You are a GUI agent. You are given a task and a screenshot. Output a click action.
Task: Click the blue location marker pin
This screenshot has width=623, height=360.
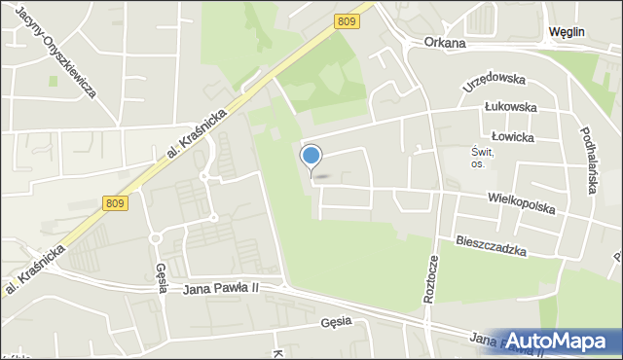[x=311, y=158]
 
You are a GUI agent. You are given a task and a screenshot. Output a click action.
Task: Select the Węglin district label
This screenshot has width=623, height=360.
[x=566, y=31]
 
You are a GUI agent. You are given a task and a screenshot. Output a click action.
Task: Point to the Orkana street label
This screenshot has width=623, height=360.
[x=446, y=44]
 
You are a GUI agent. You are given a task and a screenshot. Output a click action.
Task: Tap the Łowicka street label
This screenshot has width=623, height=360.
[x=515, y=138]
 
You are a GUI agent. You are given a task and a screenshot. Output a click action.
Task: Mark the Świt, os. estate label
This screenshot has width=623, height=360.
[x=484, y=158]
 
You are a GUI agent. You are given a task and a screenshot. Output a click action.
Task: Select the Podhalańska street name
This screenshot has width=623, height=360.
[x=587, y=161]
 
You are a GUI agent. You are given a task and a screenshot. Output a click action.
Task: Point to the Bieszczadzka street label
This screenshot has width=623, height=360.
[x=491, y=245]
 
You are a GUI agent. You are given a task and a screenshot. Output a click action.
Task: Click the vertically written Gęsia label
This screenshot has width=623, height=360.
[x=161, y=281]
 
